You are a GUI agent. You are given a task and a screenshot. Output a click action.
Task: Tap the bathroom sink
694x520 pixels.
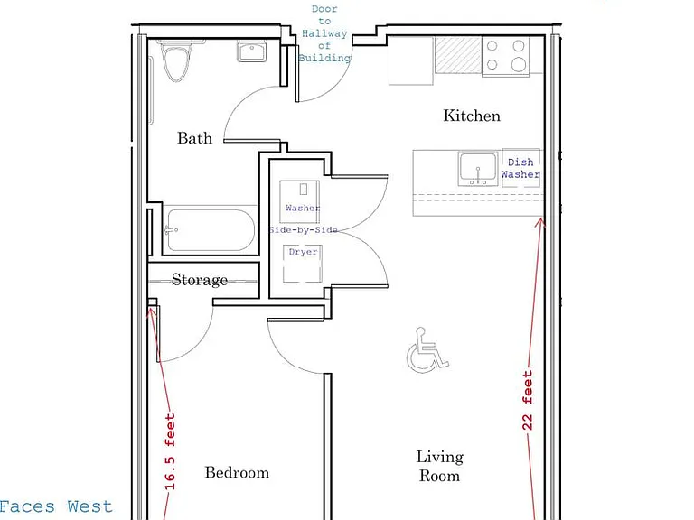pyautogui.click(x=251, y=51)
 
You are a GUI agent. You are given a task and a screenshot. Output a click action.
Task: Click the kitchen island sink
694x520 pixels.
pyautogui.click(x=478, y=169)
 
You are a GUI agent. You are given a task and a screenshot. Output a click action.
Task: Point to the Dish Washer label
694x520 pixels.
pyautogui.click(x=520, y=168)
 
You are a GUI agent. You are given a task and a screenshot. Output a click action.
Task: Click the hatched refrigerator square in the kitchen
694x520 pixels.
pyautogui.click(x=457, y=55)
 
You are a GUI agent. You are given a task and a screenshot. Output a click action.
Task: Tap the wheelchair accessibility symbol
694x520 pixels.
pyautogui.click(x=427, y=349)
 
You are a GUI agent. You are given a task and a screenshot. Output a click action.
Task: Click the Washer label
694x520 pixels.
pyautogui.click(x=303, y=208)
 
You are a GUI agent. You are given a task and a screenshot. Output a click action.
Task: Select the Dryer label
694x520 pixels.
pyautogui.click(x=304, y=252)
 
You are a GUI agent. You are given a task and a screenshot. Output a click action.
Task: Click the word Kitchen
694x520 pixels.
pyautogui.click(x=472, y=116)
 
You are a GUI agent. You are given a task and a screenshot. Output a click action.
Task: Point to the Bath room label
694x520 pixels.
pyautogui.click(x=195, y=138)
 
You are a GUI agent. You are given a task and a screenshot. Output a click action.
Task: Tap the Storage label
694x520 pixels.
pyautogui.click(x=200, y=280)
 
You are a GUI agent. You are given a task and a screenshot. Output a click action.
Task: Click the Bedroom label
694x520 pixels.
pyautogui.click(x=237, y=473)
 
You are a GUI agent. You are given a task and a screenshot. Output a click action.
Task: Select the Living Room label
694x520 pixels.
pyautogui.click(x=439, y=466)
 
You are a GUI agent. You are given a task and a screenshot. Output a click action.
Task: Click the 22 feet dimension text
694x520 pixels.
pyautogui.click(x=527, y=401)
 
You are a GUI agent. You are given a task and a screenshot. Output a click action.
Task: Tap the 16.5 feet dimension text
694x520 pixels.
pyautogui.click(x=170, y=451)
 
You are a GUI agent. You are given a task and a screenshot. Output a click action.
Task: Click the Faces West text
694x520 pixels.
pyautogui.click(x=56, y=506)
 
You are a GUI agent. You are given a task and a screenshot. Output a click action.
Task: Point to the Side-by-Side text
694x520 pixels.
pyautogui.click(x=304, y=230)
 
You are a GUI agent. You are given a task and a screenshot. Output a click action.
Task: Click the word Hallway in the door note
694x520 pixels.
pyautogui.click(x=324, y=33)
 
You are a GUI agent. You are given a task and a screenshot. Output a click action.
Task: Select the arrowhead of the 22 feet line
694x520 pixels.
pyautogui.click(x=540, y=222)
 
